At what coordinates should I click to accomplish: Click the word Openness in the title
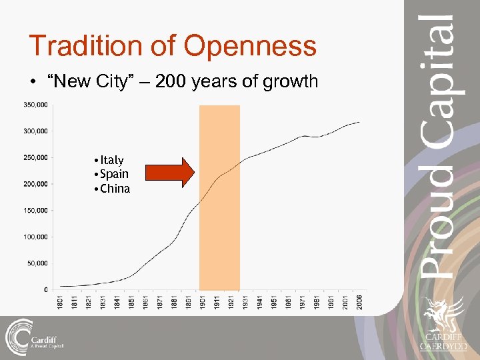point(250,46)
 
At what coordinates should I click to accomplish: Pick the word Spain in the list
point(114,174)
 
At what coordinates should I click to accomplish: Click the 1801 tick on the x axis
point(60,301)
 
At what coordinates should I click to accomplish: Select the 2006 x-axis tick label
point(359,301)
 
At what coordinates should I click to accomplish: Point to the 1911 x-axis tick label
point(217,301)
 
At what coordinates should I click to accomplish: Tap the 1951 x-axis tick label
point(274,301)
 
